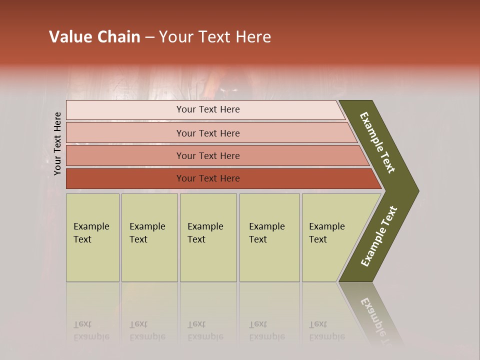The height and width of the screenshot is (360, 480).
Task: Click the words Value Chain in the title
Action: tap(94, 37)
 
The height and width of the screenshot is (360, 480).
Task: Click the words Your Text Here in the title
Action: tap(215, 37)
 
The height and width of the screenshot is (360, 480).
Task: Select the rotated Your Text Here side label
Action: tap(57, 144)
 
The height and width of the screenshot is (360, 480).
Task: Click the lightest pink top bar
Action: tap(207, 109)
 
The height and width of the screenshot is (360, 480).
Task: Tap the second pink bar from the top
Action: tap(207, 133)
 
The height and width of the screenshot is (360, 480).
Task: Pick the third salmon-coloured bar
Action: tap(207, 156)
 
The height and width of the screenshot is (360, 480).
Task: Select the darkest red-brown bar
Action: tap(207, 178)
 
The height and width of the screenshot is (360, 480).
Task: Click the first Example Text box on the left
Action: tap(92, 237)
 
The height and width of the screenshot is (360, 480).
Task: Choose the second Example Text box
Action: tap(149, 237)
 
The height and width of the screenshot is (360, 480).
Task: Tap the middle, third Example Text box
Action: tap(207, 237)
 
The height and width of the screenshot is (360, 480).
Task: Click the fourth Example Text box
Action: tap(269, 237)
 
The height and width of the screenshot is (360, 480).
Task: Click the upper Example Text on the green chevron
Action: tap(378, 142)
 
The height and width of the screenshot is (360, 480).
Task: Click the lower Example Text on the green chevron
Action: tap(379, 236)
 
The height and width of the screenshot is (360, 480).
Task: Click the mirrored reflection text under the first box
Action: tap(91, 331)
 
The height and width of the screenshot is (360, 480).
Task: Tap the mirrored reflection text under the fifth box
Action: tap(326, 331)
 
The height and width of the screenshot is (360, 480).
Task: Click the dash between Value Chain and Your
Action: tap(149, 37)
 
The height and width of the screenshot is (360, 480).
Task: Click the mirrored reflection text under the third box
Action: tap(205, 331)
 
